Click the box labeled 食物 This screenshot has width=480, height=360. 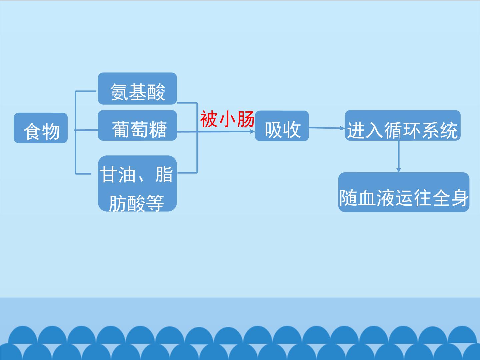pos(41,128)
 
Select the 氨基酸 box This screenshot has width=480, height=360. pos(137,89)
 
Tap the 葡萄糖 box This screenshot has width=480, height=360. pos(137,125)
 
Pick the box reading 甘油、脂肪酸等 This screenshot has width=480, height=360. pos(137,184)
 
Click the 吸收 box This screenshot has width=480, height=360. pos(282,126)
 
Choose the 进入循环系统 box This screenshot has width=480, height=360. pos(403,125)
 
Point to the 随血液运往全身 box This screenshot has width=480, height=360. pos(404,192)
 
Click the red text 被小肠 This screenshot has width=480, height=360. pos(227,119)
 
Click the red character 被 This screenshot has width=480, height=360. pos(209,119)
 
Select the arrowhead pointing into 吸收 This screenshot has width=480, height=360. pos(253,131)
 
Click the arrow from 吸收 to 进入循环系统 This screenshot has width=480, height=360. pos(327,128)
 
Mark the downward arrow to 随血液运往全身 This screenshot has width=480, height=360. pos(399,156)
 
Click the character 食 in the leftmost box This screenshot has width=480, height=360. pos(32,131)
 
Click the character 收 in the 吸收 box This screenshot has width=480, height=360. pos(292,129)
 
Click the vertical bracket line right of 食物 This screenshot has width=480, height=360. pos(75,132)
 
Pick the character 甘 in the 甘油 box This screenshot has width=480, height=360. pos(108,174)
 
